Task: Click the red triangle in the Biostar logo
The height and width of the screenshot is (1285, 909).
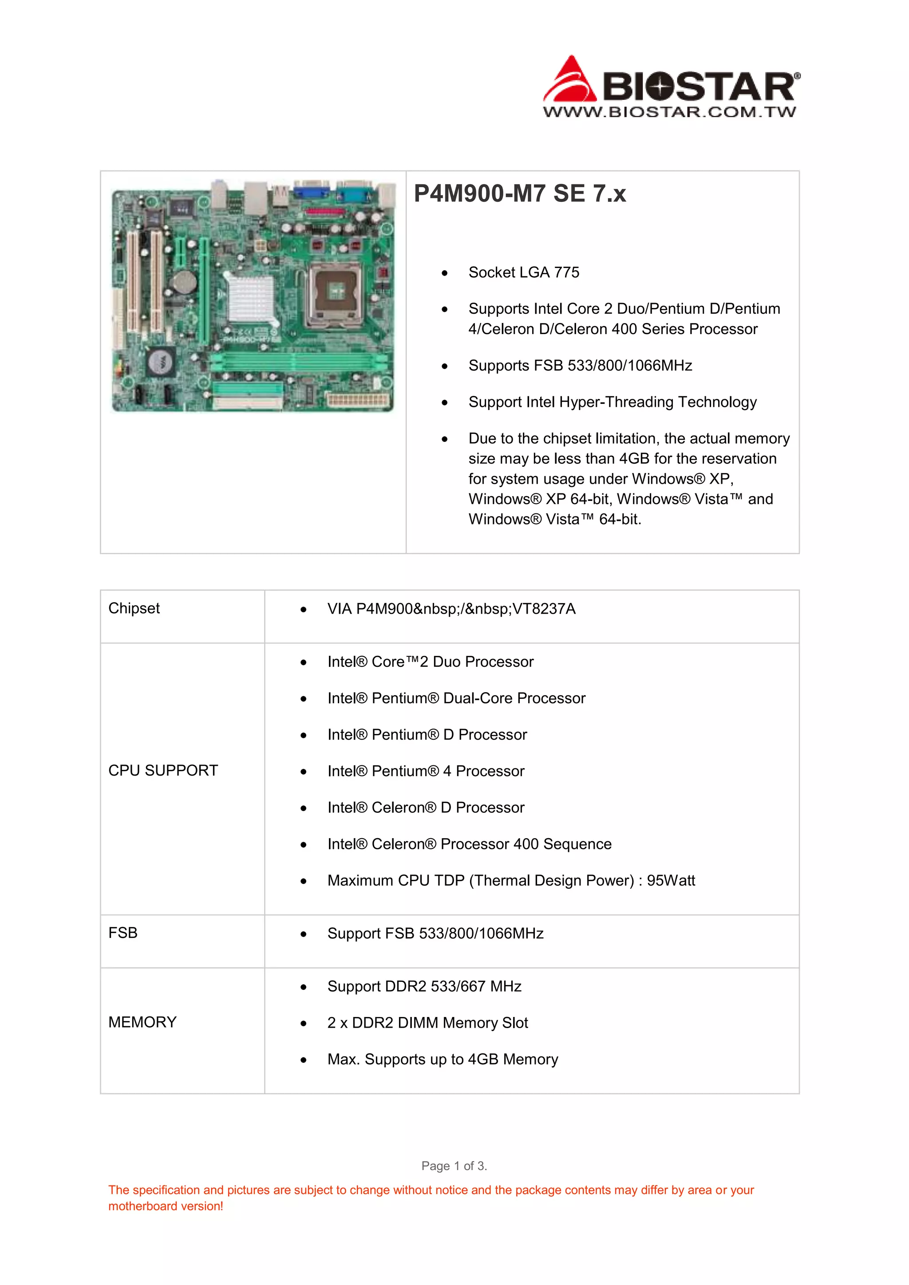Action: [x=570, y=81]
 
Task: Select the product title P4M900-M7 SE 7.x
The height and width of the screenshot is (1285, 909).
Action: [x=519, y=193]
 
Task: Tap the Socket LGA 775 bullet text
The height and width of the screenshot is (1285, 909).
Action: [x=523, y=272]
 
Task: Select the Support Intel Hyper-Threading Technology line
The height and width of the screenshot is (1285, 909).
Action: [x=613, y=402]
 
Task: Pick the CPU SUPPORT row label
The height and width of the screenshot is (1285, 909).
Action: [x=163, y=771]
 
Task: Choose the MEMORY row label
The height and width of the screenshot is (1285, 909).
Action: [x=142, y=1022]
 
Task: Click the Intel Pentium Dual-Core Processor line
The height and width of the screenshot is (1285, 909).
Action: [x=456, y=698]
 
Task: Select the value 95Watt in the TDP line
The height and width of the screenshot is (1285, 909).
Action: [x=671, y=880]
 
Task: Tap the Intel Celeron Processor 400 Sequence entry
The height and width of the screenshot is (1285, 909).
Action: [x=469, y=844]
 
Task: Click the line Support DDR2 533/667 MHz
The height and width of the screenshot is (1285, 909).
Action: [x=424, y=986]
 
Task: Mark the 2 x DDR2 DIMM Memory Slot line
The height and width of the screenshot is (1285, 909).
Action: [x=427, y=1023]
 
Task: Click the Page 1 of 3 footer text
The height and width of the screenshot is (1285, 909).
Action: [x=454, y=1166]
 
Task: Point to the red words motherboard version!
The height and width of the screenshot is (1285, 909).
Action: [x=166, y=1206]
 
